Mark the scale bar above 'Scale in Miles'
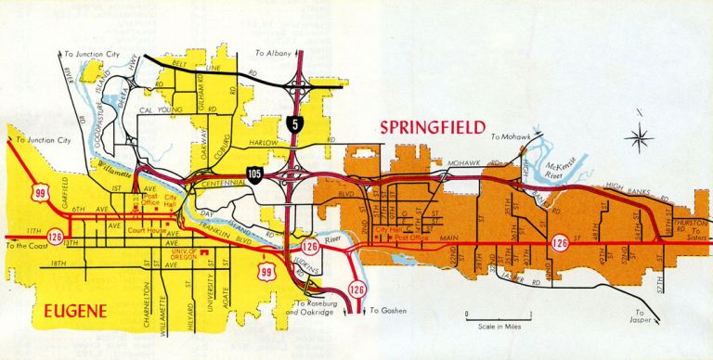tap(499, 317)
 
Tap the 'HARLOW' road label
tap(264, 142)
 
